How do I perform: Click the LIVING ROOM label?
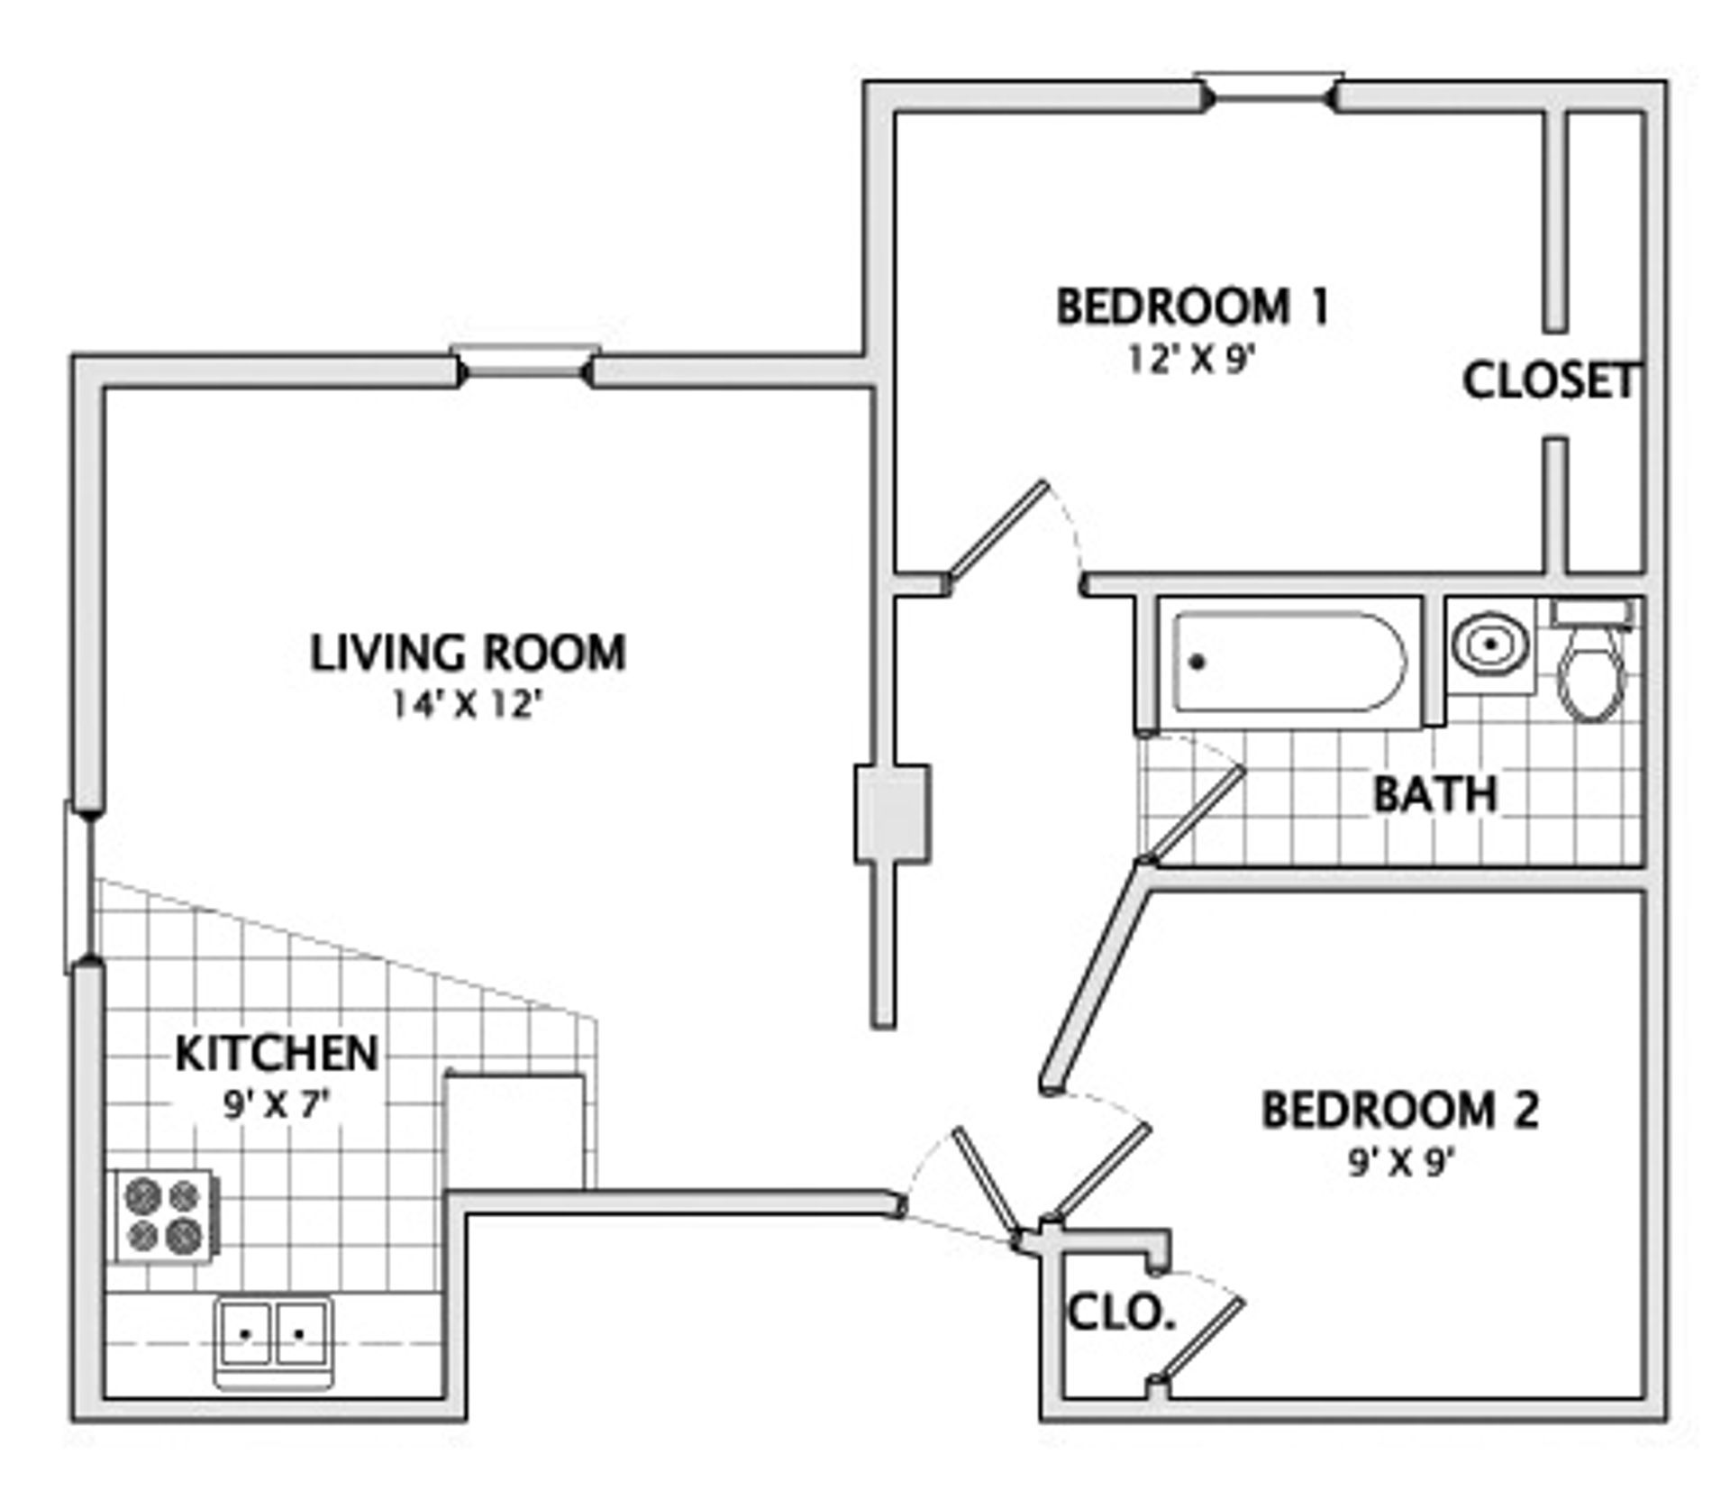tap(468, 654)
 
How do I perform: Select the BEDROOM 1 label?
tap(1191, 307)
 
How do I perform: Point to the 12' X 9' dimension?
tap(1191, 360)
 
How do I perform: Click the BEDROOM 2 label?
tap(1399, 1110)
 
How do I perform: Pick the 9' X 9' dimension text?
tap(1401, 1164)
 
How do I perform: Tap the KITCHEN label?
tap(277, 1053)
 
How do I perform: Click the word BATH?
tap(1434, 794)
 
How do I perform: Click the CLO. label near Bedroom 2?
tap(1121, 1314)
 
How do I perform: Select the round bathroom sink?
tap(1490, 645)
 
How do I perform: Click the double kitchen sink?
tap(273, 1340)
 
